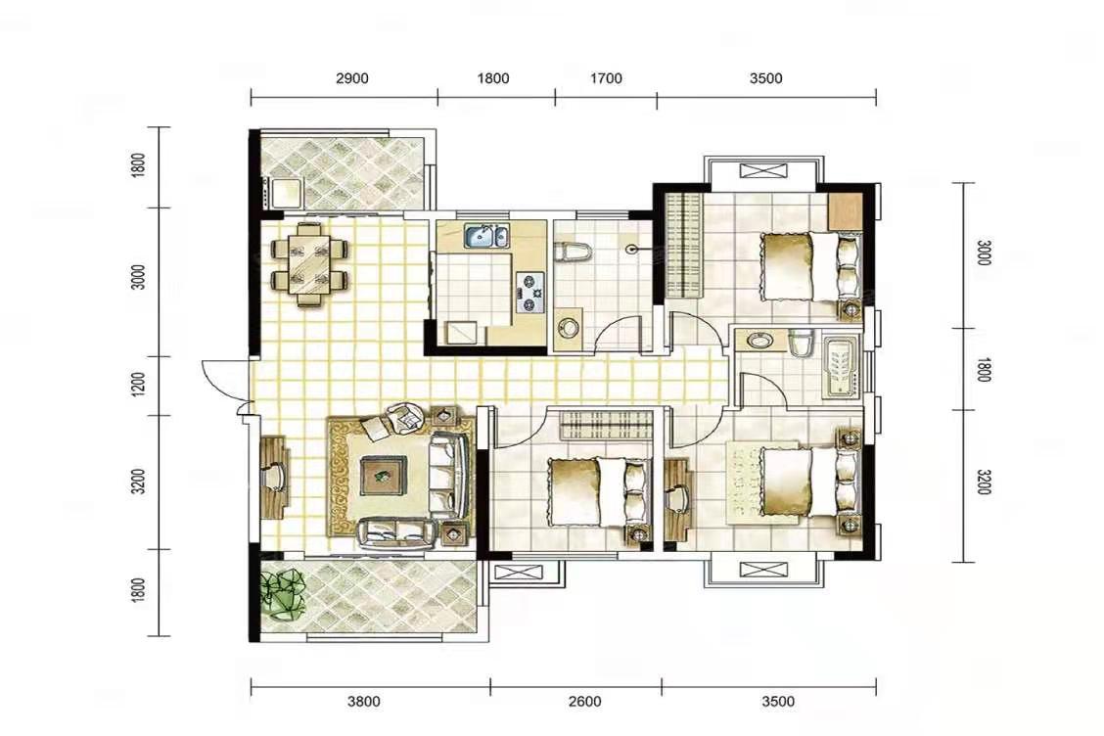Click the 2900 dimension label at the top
click(x=351, y=78)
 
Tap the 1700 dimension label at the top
click(x=606, y=78)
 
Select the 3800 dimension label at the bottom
click(x=364, y=701)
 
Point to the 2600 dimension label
click(x=585, y=701)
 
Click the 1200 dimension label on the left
click(x=138, y=385)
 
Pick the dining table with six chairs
click(x=310, y=263)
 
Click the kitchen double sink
click(x=485, y=236)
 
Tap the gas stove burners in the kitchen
click(x=530, y=293)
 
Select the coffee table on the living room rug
click(x=383, y=476)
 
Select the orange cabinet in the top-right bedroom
click(x=845, y=209)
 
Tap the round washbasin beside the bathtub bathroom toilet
click(x=759, y=341)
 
